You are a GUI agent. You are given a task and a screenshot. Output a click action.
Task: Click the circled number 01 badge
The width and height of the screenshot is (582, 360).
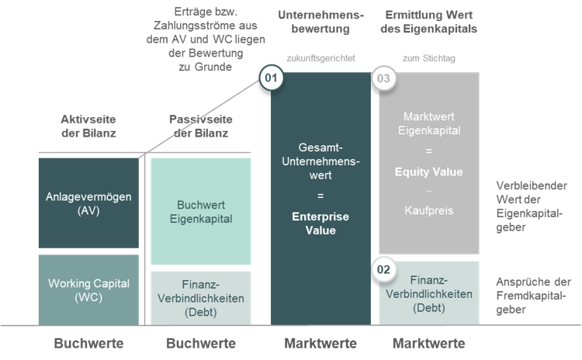(x=270, y=78)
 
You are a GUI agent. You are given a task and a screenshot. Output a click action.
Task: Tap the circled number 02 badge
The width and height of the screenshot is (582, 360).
(x=383, y=268)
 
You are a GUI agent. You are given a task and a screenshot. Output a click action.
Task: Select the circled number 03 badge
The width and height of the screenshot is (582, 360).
(x=383, y=78)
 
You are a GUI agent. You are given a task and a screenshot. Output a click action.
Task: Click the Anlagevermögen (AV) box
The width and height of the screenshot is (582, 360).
(x=88, y=203)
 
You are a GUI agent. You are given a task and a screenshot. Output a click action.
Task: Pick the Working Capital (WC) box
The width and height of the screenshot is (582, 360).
(x=88, y=289)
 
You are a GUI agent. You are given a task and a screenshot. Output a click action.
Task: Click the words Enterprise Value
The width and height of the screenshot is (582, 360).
(x=320, y=223)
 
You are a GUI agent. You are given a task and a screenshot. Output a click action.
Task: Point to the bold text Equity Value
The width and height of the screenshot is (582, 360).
(x=429, y=171)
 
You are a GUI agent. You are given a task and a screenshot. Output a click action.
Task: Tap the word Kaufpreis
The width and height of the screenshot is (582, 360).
(x=429, y=210)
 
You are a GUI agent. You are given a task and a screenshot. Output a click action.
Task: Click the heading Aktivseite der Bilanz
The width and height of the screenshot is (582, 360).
(x=87, y=126)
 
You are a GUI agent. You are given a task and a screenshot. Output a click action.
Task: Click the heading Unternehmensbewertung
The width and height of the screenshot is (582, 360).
(x=320, y=22)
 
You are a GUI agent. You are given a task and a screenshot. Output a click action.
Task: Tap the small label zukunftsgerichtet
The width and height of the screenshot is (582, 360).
(x=320, y=57)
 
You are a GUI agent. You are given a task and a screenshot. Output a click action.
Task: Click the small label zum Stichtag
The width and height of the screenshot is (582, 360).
(x=429, y=57)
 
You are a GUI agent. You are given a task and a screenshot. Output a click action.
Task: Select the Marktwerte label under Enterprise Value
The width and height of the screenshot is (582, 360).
(x=320, y=343)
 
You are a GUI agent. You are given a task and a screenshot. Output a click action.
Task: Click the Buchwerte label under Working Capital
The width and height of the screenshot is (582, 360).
(x=88, y=343)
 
